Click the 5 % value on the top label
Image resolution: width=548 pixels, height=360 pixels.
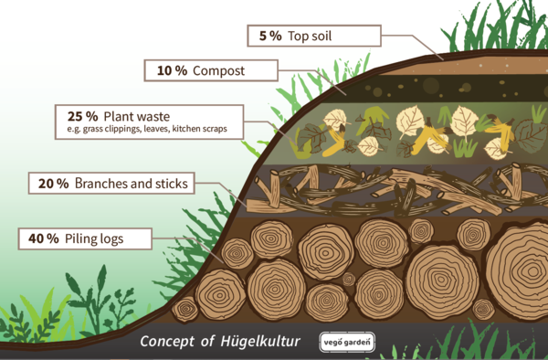pos(269,37)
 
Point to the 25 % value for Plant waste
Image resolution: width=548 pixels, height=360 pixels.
pos(81,117)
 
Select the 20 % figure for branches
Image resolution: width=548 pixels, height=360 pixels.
pos(53,184)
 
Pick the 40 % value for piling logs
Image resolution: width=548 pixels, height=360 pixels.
pos(44,238)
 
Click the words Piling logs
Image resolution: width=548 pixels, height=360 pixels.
pos(95,238)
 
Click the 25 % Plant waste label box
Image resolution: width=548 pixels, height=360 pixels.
pos(146,122)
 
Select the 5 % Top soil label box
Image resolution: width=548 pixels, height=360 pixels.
pos(314,37)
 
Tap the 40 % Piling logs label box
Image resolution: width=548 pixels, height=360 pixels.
pos(84,238)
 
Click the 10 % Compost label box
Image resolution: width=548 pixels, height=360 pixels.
pos(210,70)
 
